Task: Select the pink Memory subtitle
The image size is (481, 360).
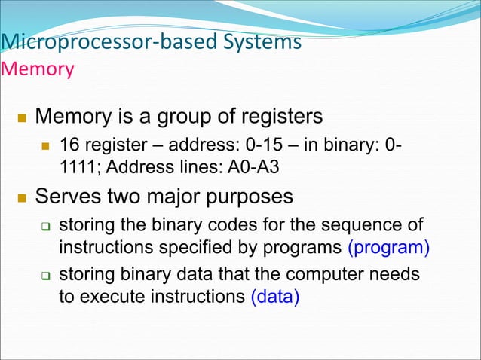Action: click(38, 69)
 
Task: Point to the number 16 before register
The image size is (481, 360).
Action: click(69, 143)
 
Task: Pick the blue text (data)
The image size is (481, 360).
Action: click(274, 296)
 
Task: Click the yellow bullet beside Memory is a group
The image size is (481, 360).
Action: click(20, 118)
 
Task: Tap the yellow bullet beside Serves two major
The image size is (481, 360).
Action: click(20, 198)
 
